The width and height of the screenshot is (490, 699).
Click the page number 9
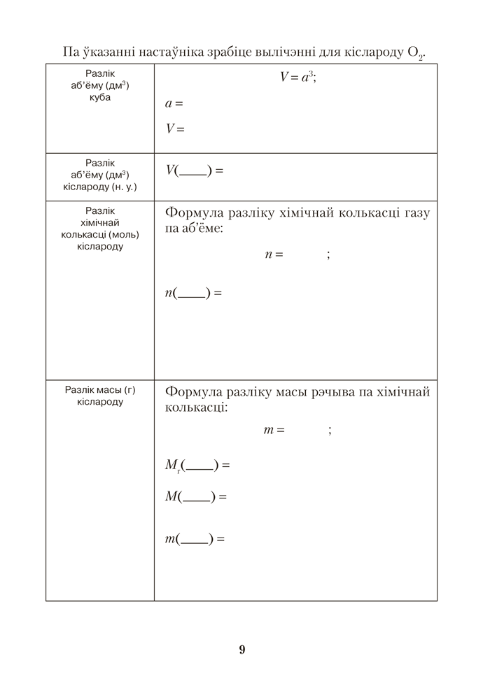[x=242, y=649]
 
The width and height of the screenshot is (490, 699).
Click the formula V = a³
[x=298, y=78]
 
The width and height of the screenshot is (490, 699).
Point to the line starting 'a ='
[x=174, y=103]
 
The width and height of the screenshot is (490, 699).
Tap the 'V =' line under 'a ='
[x=174, y=129]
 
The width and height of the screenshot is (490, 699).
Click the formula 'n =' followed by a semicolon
[x=274, y=254]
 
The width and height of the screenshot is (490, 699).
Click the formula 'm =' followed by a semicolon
[x=274, y=430]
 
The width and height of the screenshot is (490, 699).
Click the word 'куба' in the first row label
[x=100, y=97]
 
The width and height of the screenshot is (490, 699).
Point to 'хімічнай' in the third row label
[x=100, y=222]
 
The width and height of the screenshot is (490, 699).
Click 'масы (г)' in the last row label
[x=115, y=390]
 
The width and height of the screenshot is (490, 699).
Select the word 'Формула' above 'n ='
[x=193, y=213]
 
